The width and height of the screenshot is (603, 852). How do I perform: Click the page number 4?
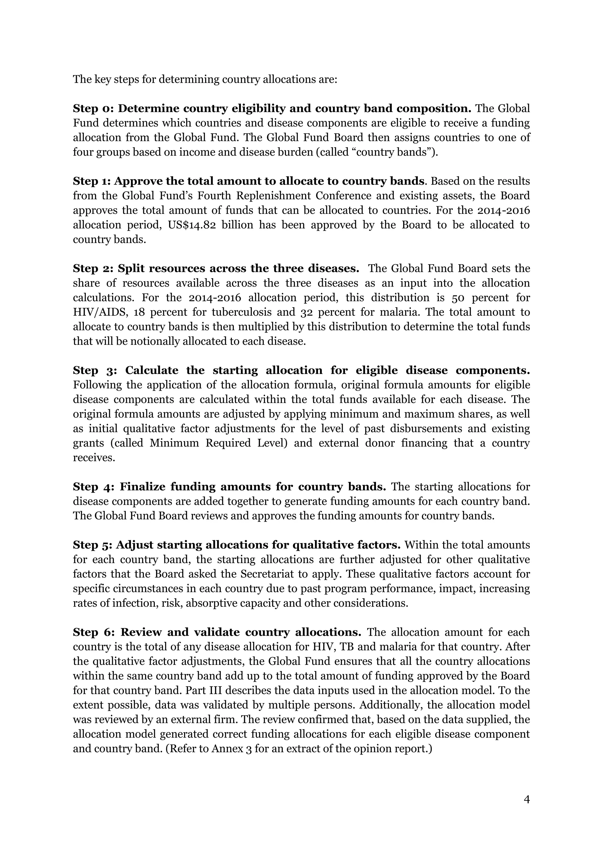[526, 799]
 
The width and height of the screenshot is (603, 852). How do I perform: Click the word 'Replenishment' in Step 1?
[273, 196]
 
